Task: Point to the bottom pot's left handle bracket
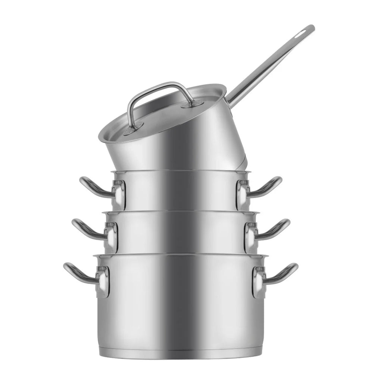[x=103, y=282]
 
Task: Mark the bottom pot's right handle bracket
[x=258, y=282]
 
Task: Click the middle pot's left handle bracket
[x=111, y=236]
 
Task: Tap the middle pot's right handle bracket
[x=250, y=236]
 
